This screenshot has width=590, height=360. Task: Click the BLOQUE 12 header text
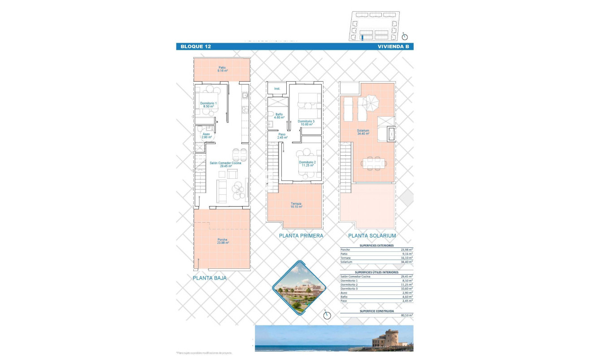coord(196,47)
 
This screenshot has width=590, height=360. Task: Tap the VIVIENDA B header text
coord(393,47)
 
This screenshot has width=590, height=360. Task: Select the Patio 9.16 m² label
coord(222,70)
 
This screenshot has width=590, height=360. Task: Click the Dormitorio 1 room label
coord(209,105)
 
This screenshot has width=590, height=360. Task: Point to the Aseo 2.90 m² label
coord(206,135)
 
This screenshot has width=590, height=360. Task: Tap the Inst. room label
coord(277,89)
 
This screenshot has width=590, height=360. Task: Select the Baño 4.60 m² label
coord(279,116)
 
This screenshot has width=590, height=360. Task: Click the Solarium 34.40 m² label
coord(363,132)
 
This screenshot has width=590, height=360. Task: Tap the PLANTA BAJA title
coord(210,278)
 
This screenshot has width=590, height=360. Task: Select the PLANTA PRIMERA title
coord(301,236)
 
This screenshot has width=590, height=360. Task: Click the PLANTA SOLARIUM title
coord(372,236)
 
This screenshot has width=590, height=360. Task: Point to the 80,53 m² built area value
coord(406,315)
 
